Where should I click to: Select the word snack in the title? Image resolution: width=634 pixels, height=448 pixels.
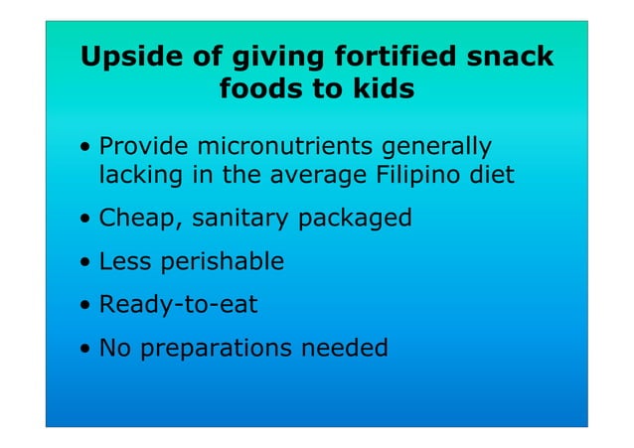pyautogui.click(x=509, y=57)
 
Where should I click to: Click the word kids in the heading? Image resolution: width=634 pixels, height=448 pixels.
pyautogui.click(x=380, y=89)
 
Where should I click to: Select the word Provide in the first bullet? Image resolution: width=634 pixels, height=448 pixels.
pyautogui.click(x=144, y=147)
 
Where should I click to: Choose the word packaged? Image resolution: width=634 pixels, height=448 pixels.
pyautogui.click(x=349, y=219)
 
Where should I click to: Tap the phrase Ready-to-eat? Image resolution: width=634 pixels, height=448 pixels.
pyautogui.click(x=178, y=305)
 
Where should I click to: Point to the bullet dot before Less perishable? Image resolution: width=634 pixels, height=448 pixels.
pyautogui.click(x=87, y=263)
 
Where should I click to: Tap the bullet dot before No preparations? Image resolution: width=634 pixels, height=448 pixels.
pyautogui.click(x=87, y=350)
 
